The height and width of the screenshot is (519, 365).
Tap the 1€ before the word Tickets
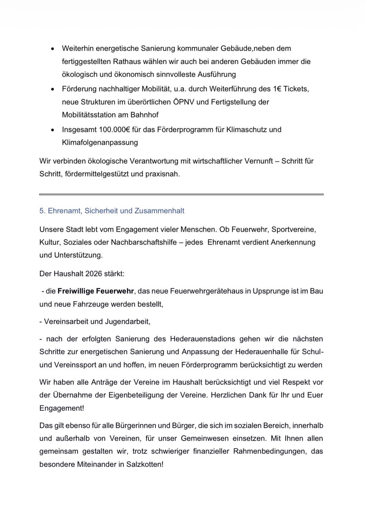pos(278,89)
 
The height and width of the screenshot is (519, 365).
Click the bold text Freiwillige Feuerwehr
pos(96,291)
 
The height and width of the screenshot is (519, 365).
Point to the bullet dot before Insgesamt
pos(52,130)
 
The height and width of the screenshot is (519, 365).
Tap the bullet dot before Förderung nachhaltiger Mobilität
pos(52,89)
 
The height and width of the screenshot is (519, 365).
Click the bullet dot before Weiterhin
pos(52,49)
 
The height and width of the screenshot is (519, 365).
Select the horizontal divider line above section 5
pos(181,194)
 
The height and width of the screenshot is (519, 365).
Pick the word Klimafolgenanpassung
pos(100,143)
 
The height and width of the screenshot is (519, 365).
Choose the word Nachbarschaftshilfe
pos(144,242)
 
